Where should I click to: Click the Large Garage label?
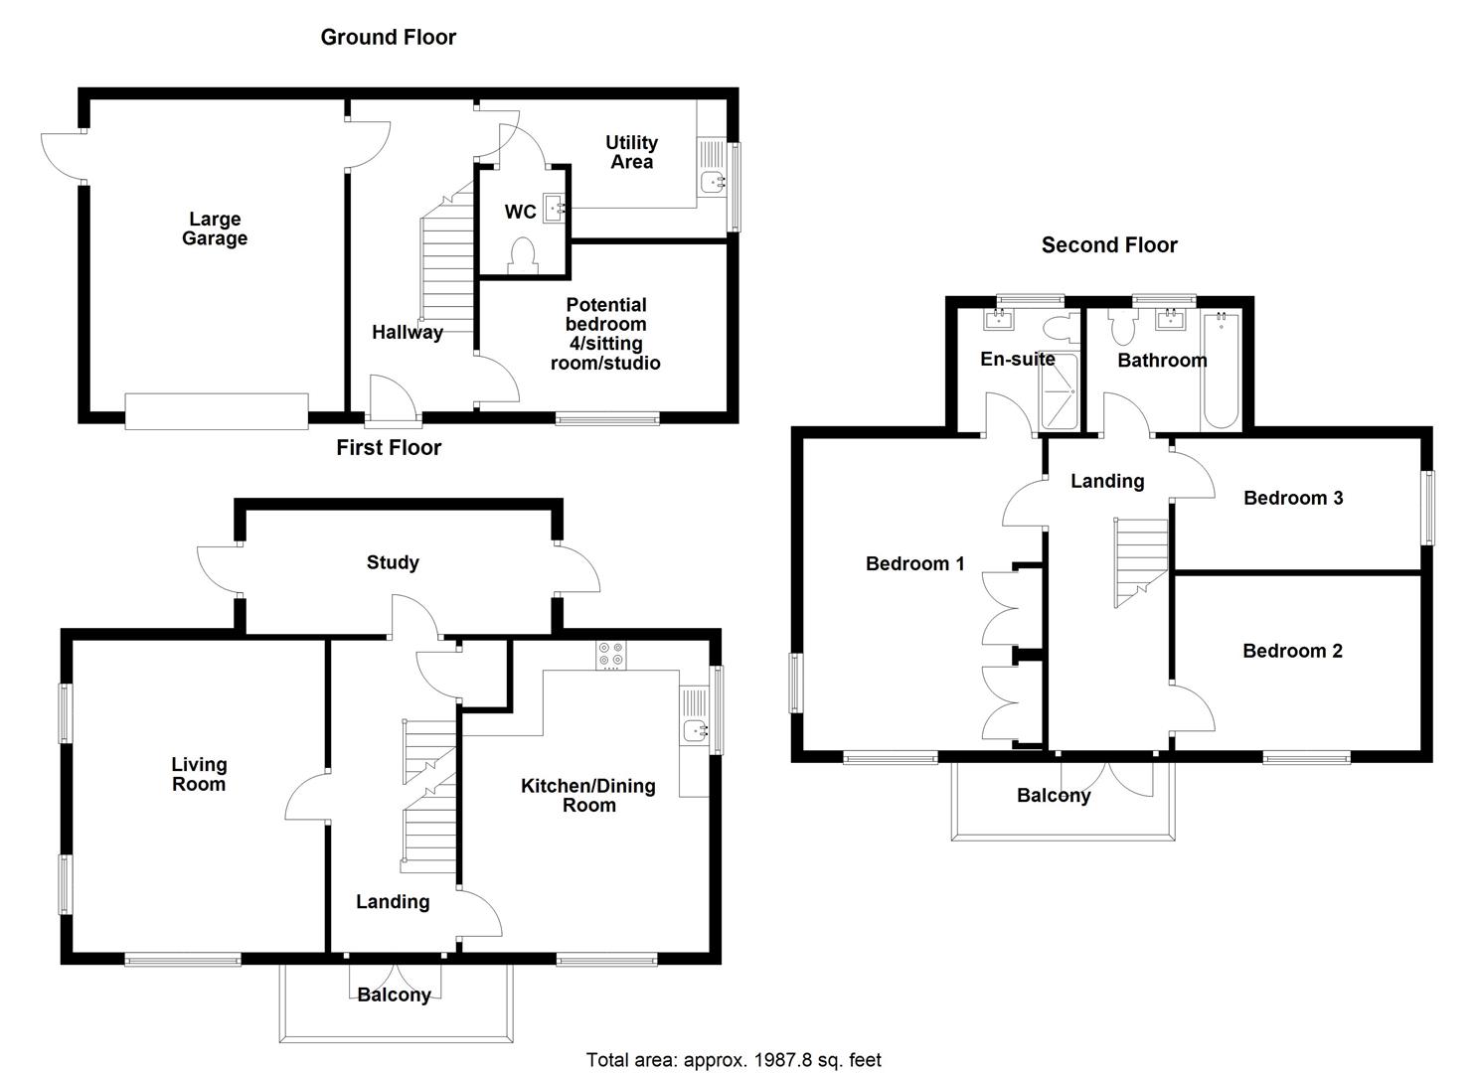coord(215,229)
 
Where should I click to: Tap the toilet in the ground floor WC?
coord(522,255)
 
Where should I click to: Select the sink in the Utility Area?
coord(712,182)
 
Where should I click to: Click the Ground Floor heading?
coord(388,38)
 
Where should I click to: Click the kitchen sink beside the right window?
coord(695,731)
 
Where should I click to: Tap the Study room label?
coord(393,562)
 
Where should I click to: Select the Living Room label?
coord(199,774)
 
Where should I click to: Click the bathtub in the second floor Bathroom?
coord(1220,373)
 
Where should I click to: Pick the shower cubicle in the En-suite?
coord(1059,391)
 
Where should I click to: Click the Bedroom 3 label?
coord(1293,498)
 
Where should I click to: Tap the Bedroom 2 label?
coord(1292,651)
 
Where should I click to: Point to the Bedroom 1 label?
coord(914,563)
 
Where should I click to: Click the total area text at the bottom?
coord(734,1060)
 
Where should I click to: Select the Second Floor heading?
coord(1109,245)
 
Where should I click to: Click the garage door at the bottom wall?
coord(218,411)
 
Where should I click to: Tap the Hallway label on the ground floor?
coord(408,332)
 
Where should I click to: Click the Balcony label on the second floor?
coord(1054,795)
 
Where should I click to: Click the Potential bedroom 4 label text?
coord(605,334)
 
